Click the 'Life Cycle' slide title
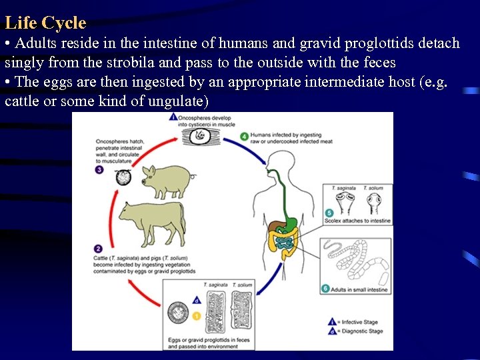pyautogui.click(x=45, y=23)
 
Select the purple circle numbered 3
pyautogui.click(x=99, y=170)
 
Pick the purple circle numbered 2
pyautogui.click(x=99, y=249)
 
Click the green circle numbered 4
pyautogui.click(x=245, y=137)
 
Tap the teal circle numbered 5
pyautogui.click(x=330, y=213)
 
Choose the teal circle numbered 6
pyautogui.click(x=325, y=289)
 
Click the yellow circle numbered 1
pyautogui.click(x=197, y=315)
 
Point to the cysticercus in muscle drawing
pyautogui.click(x=200, y=136)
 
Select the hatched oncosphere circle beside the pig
pyautogui.click(x=123, y=177)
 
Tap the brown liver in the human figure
pyautogui.click(x=277, y=227)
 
